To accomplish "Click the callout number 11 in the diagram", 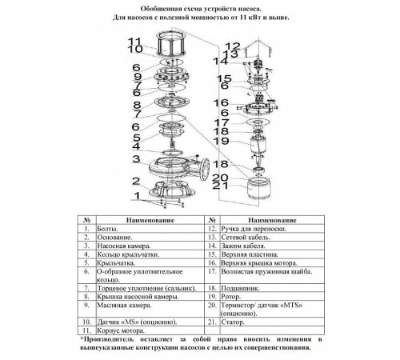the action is click(x=134, y=41).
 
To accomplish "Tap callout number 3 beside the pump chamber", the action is click(x=136, y=158).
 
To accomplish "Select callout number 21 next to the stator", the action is click(x=221, y=186).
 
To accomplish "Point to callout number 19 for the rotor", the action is click(x=221, y=141).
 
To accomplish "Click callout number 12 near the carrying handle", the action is click(x=233, y=46).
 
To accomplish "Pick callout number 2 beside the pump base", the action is click(x=136, y=181).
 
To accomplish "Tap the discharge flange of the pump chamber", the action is click(x=205, y=170).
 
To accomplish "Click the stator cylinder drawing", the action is click(x=258, y=187).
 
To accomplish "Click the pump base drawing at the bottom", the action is click(x=172, y=189).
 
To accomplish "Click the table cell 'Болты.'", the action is click(x=107, y=229).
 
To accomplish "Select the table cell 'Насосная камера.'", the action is click(x=124, y=246).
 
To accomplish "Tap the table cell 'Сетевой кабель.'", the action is click(x=246, y=238).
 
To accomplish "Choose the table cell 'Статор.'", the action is click(x=233, y=322).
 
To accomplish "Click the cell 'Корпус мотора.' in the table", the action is click(x=121, y=331).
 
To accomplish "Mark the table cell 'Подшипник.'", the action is click(x=240, y=288).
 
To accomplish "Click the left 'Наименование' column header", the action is click(x=150, y=220).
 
